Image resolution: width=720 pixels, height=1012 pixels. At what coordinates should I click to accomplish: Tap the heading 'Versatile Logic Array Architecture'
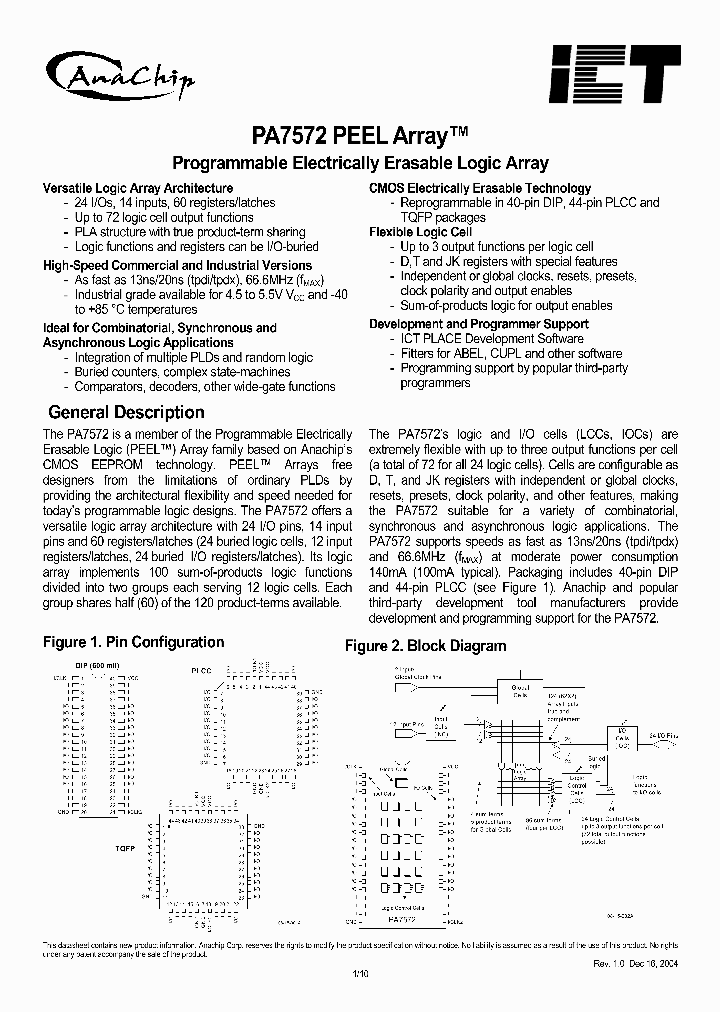(x=138, y=188)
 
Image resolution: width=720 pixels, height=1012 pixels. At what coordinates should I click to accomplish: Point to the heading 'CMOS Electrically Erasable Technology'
(x=480, y=188)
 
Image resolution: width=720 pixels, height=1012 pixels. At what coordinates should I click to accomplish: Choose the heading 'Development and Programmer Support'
(x=479, y=324)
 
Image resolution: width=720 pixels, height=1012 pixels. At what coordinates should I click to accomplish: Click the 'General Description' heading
(x=126, y=412)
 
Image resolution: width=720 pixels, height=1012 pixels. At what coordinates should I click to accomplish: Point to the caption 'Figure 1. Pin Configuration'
(x=133, y=642)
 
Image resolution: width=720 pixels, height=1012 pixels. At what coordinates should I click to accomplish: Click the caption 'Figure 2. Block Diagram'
(x=426, y=646)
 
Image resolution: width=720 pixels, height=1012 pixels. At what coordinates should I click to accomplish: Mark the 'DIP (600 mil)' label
(x=96, y=667)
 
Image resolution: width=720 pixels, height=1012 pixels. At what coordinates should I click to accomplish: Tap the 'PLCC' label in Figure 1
(x=201, y=669)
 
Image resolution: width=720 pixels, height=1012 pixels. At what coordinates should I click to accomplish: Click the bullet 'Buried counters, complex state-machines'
(x=182, y=372)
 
